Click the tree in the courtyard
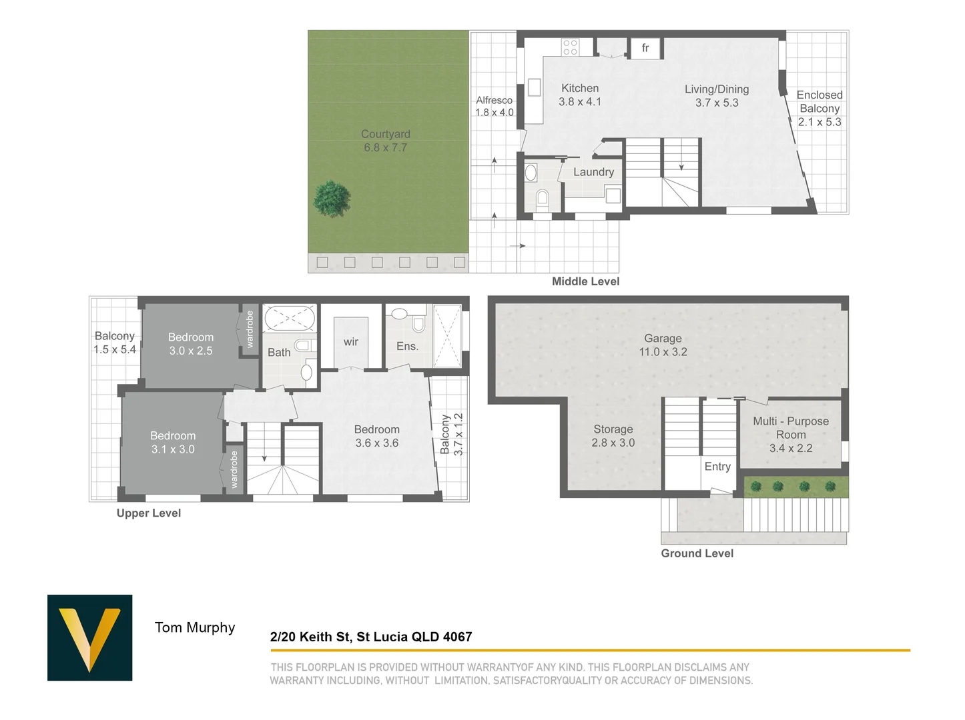coord(332,199)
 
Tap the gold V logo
coord(89,637)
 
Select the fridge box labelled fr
coord(645,48)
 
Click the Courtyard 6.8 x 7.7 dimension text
coord(385,148)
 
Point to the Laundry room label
coord(593,172)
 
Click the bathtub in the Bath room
coord(290,318)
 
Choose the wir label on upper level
coord(351,342)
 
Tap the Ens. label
coord(407,346)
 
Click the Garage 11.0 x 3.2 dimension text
coord(663,352)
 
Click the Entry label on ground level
coord(717,467)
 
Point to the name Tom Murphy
coord(195,627)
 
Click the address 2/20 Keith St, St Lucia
coord(371,637)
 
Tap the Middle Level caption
coord(585,281)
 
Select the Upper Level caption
coord(149,513)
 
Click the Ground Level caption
coord(697,553)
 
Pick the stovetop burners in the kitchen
coord(570,47)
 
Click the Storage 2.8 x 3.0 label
coord(613,436)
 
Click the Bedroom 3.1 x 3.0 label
coord(173,443)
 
